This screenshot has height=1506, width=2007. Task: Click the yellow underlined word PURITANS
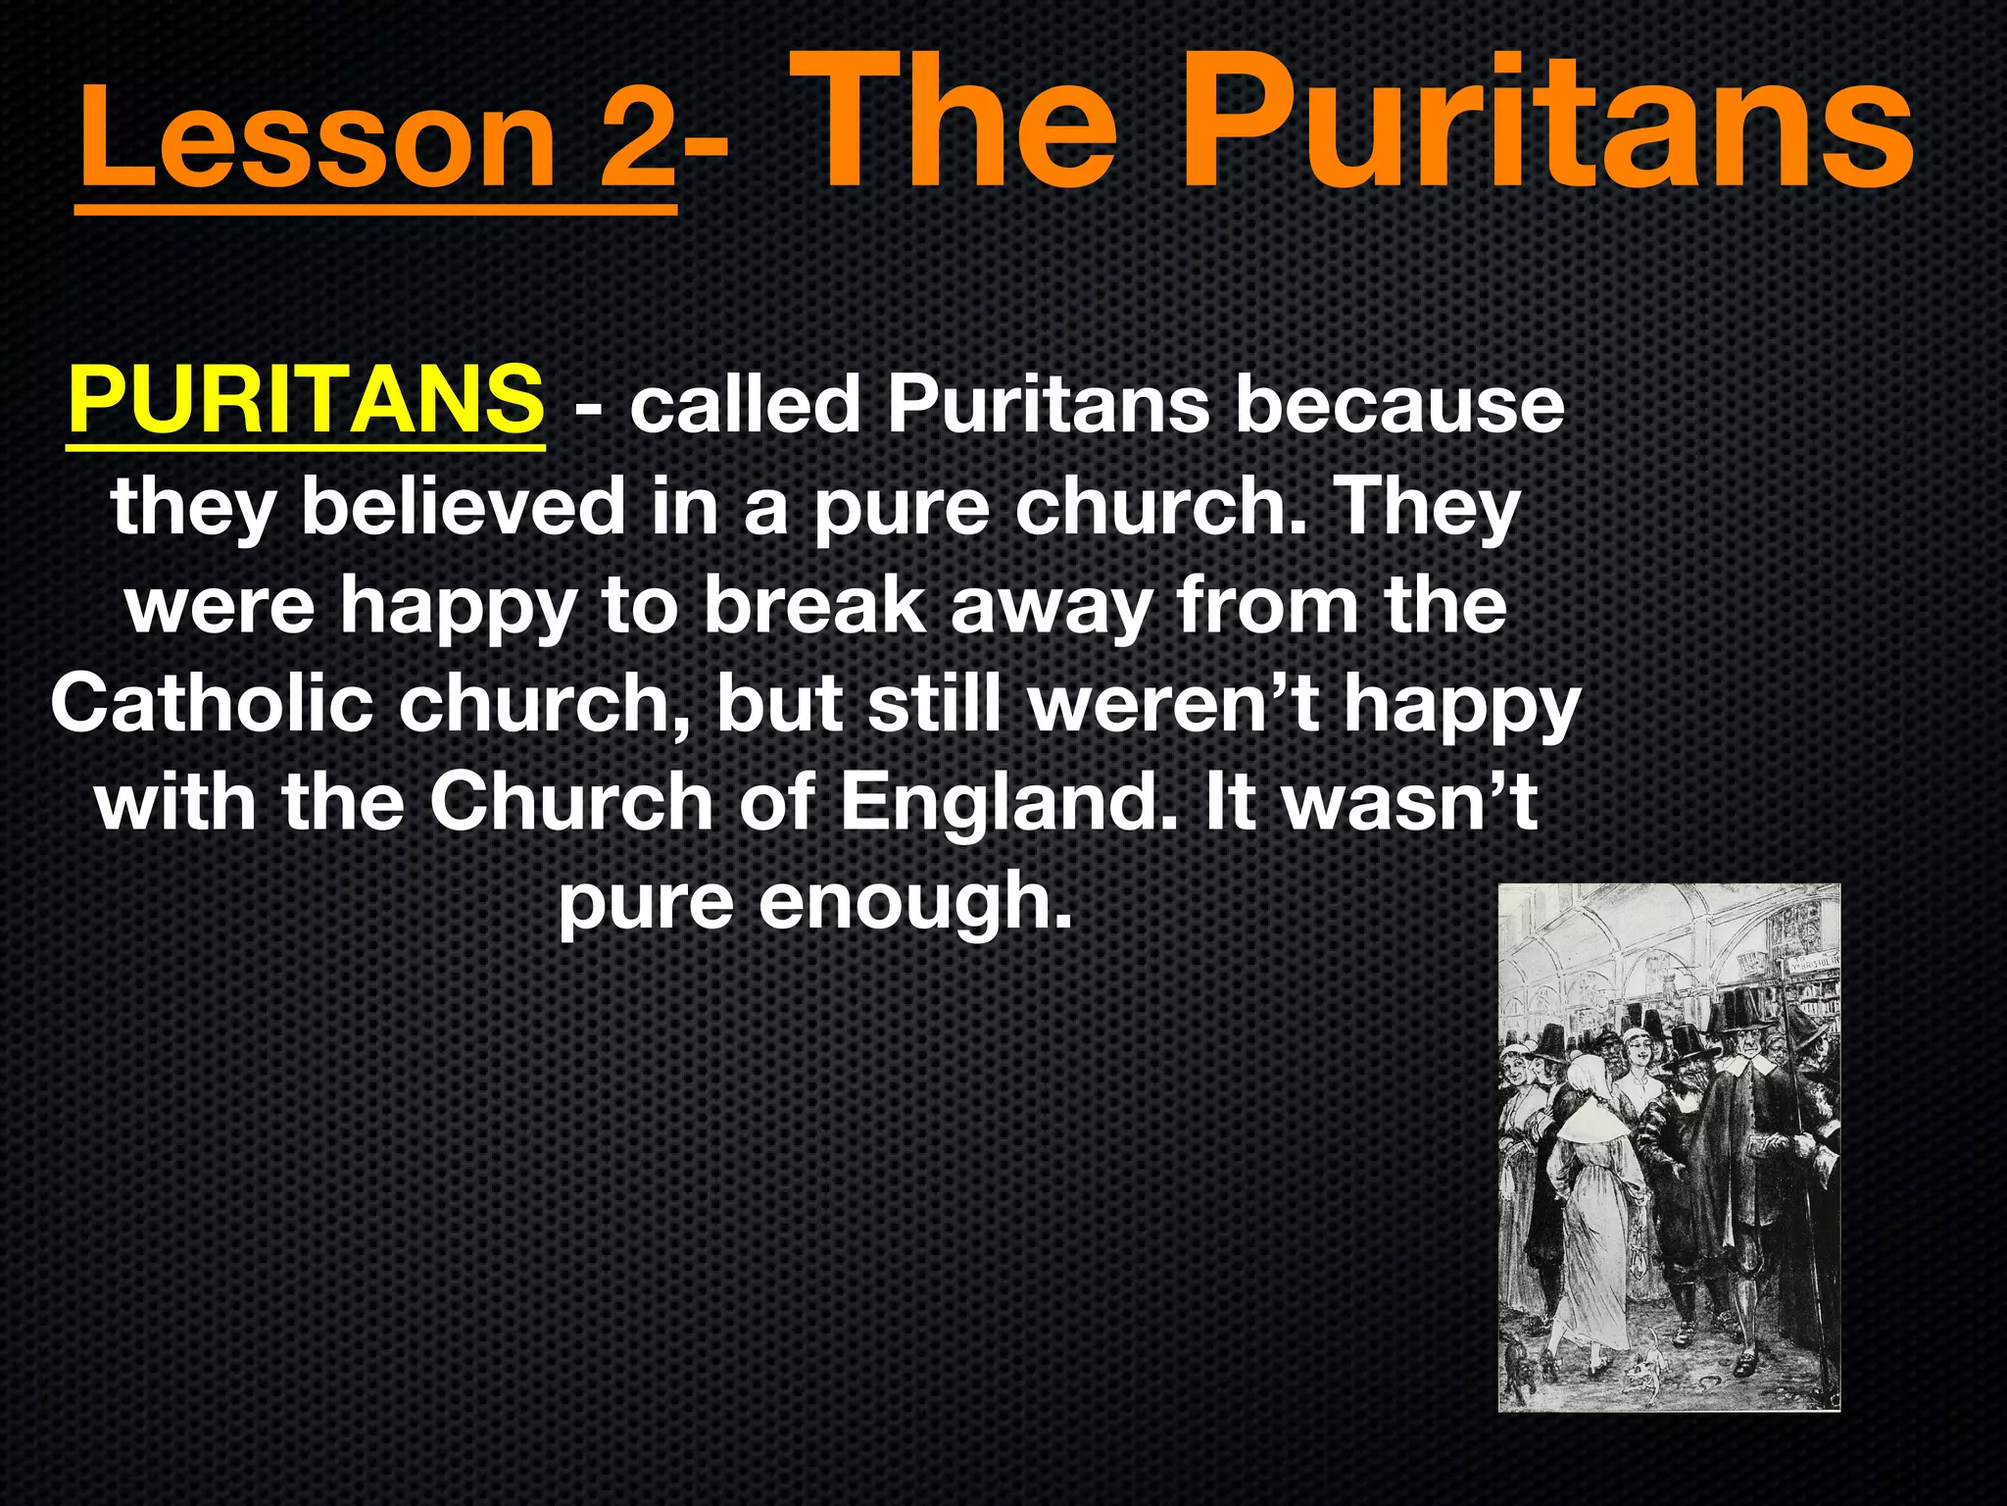click(x=305, y=399)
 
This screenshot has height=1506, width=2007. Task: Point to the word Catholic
click(x=212, y=703)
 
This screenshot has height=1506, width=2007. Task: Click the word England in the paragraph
click(x=1009, y=802)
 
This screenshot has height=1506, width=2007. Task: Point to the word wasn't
click(x=1411, y=802)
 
